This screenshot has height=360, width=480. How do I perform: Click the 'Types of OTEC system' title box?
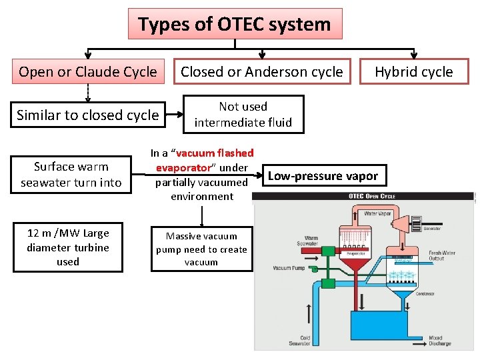pos(235,24)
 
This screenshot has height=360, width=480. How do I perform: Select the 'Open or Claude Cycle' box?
pos(88,72)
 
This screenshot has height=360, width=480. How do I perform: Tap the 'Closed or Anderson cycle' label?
pos(262,72)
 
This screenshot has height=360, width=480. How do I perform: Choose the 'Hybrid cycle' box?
pos(413,72)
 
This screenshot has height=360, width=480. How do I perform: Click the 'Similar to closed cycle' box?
pos(88,115)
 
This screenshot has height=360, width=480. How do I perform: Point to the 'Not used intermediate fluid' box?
pos(243,114)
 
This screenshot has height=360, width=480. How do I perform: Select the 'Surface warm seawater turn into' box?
pos(71,175)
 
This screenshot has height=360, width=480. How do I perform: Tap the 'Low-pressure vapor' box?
pos(323,176)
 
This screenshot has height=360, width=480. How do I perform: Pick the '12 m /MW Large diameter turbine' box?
pos(67,247)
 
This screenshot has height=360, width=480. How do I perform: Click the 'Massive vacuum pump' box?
pos(201,249)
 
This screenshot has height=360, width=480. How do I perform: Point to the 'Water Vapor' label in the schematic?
pos(377,214)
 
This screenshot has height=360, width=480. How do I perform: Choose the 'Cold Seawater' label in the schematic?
pos(300,341)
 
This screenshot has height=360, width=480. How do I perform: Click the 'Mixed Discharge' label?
pos(441,341)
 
